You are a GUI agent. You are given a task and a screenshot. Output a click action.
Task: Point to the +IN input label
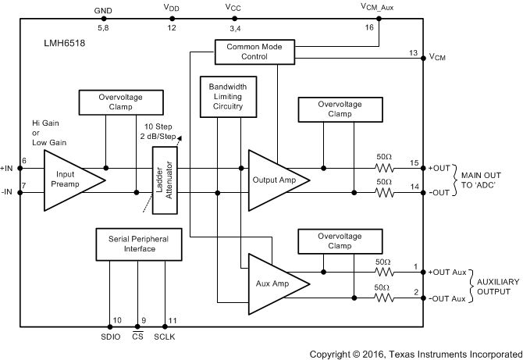coord(8,167)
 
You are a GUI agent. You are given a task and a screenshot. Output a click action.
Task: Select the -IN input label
coord(8,192)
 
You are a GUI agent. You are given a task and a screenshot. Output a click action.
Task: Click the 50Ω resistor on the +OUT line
coord(384,167)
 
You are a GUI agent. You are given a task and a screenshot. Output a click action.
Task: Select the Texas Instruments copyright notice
coord(414,352)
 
